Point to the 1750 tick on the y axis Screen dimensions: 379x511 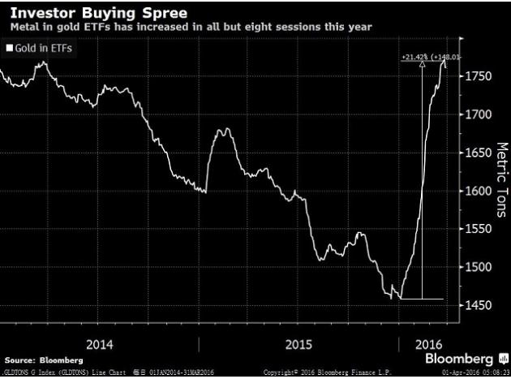pos(479,77)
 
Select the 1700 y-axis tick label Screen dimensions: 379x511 pos(479,115)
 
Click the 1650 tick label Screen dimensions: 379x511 pos(479,153)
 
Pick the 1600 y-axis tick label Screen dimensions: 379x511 pos(479,192)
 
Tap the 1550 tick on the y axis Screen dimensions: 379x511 pos(479,230)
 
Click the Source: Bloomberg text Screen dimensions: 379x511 pos(36,358)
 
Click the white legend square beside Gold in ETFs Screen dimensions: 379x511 pos(9,49)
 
